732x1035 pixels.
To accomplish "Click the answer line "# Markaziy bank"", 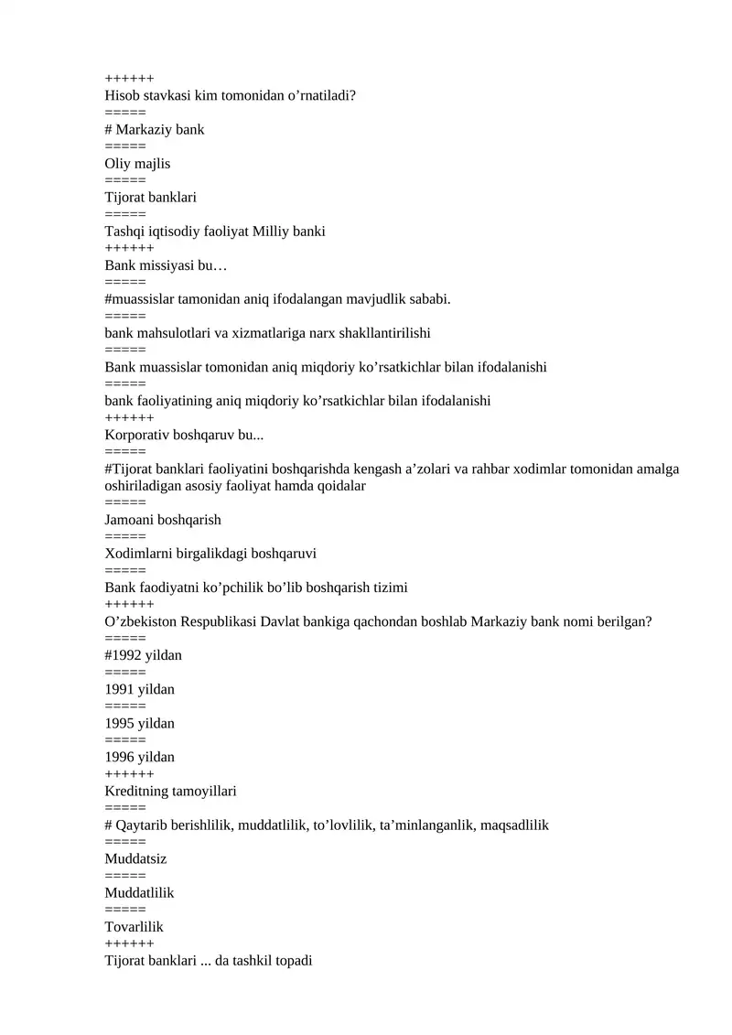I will pos(155,129).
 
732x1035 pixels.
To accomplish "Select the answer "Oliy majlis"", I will pos(137,164).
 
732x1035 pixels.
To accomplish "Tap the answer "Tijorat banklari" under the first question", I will pos(150,198).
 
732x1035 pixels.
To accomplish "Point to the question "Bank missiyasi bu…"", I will pos(166,265).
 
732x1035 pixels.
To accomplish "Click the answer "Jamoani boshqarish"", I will pos(163,520).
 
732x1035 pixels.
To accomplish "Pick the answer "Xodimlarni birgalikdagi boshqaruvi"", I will pos(210,554).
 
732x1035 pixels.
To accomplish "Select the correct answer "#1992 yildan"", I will pos(144,655).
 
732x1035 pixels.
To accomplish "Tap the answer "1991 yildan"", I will pos(139,689).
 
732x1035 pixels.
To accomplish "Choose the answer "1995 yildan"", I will pos(139,723).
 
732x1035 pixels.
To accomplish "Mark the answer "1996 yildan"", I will pos(139,757).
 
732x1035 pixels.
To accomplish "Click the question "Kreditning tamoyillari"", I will pos(170,791).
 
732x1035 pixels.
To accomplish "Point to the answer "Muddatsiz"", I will pos(135,859).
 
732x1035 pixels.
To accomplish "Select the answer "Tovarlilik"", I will pos(134,927).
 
